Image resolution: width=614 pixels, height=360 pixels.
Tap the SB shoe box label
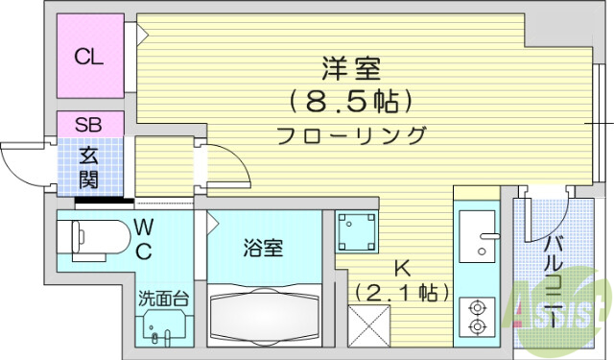89,124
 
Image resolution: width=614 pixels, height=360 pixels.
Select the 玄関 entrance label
89,167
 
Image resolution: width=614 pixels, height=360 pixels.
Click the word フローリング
351,134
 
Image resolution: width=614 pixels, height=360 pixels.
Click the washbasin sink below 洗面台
161,329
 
